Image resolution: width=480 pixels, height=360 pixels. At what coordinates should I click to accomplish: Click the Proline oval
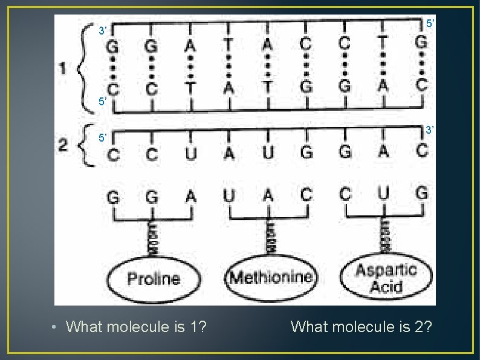click(x=154, y=279)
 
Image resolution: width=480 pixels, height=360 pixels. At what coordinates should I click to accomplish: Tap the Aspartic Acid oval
click(x=386, y=278)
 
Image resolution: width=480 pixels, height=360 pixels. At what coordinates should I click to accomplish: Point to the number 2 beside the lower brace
click(x=63, y=145)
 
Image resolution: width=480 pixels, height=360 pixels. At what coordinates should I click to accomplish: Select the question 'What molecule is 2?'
click(x=362, y=327)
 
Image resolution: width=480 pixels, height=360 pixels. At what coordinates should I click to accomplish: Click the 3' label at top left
click(x=103, y=30)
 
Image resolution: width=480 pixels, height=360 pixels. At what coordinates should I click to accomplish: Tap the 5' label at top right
click(x=430, y=23)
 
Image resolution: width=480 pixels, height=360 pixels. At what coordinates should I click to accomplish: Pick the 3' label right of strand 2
click(x=429, y=130)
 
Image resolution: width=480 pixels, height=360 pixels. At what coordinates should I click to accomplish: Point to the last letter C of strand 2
click(x=421, y=151)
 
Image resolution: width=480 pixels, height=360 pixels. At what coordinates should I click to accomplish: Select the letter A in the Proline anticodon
click(x=190, y=196)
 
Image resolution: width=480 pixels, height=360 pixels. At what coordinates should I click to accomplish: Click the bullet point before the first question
click(x=54, y=328)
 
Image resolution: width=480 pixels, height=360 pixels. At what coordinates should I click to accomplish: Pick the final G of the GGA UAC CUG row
click(x=421, y=194)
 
